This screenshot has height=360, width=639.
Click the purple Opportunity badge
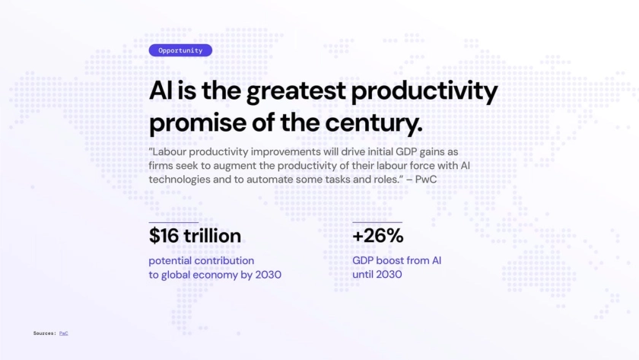coord(180,50)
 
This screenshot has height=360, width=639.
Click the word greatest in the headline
coord(296,91)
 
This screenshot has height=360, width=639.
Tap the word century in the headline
coord(374,123)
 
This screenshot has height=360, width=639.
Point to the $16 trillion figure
coord(195,236)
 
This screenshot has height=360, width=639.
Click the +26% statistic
coord(378,236)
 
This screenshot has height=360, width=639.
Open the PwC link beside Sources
coord(64,333)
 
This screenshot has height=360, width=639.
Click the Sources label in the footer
coord(44,333)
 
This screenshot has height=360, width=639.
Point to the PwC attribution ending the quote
coord(426,180)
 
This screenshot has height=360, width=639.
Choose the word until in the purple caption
coord(361,275)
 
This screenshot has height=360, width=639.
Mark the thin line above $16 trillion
coord(173,222)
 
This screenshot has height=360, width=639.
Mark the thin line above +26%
coord(377,222)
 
